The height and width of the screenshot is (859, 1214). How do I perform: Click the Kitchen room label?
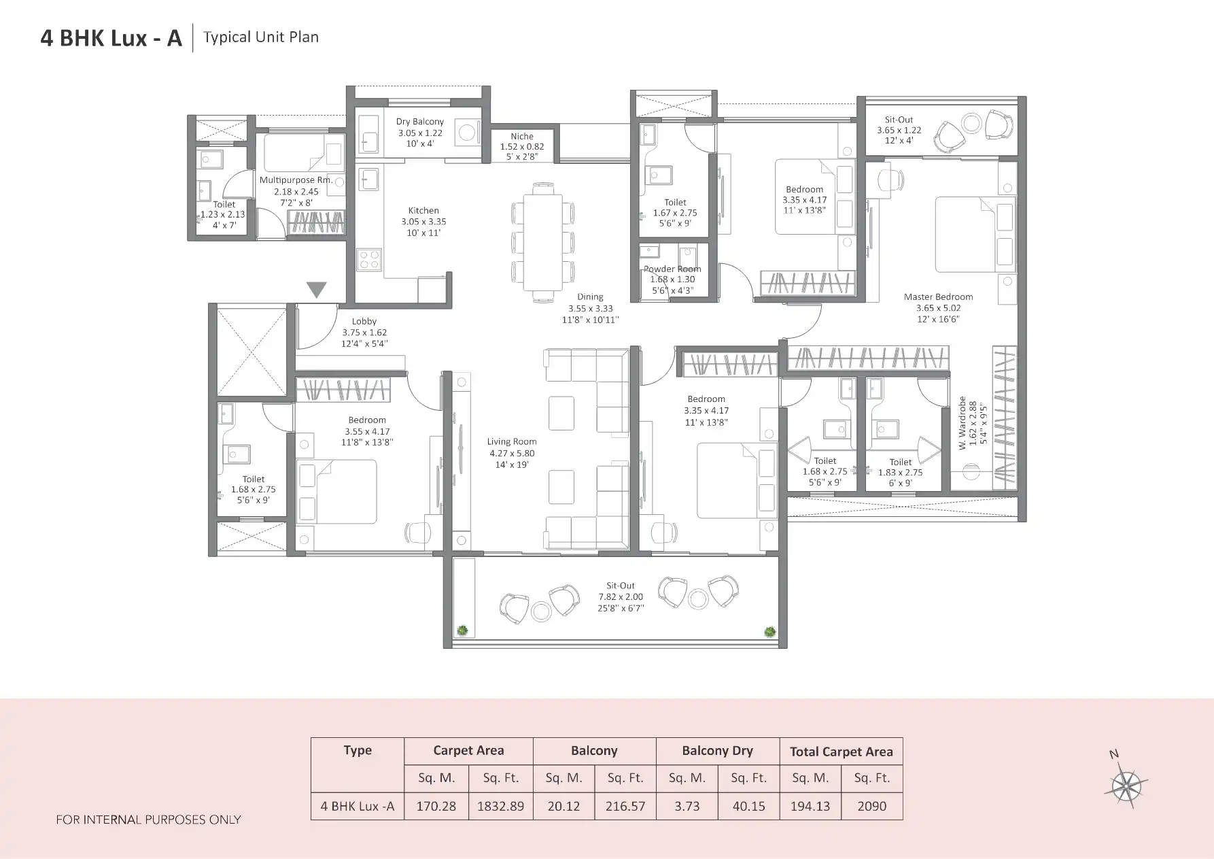pyautogui.click(x=423, y=211)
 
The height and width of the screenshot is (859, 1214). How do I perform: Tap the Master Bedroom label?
pyautogui.click(x=938, y=297)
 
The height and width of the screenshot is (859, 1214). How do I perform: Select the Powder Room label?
pyautogui.click(x=672, y=269)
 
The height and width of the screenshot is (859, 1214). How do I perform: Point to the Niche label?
pyautogui.click(x=522, y=136)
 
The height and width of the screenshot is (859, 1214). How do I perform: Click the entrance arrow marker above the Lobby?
pyautogui.click(x=316, y=290)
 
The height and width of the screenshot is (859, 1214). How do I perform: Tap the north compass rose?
pyautogui.click(x=1126, y=786)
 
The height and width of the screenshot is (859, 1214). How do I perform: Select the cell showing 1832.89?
pyautogui.click(x=500, y=806)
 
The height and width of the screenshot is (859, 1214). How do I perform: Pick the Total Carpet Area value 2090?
pyautogui.click(x=871, y=806)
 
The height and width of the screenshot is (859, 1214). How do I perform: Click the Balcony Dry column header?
pyautogui.click(x=717, y=751)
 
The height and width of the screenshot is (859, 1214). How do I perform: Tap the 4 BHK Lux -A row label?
pyautogui.click(x=358, y=806)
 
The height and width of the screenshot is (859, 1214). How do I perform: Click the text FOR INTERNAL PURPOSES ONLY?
pyautogui.click(x=148, y=820)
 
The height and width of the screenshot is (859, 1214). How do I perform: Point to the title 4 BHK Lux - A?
pyautogui.click(x=111, y=38)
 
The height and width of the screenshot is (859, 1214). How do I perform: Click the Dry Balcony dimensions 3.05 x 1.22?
pyautogui.click(x=420, y=133)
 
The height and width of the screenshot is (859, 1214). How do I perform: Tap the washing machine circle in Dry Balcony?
pyautogui.click(x=467, y=132)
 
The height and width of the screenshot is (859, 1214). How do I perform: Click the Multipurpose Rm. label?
pyautogui.click(x=296, y=180)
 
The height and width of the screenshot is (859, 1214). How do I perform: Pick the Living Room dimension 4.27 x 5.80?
pyautogui.click(x=512, y=453)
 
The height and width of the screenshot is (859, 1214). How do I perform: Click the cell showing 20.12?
pyautogui.click(x=563, y=806)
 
